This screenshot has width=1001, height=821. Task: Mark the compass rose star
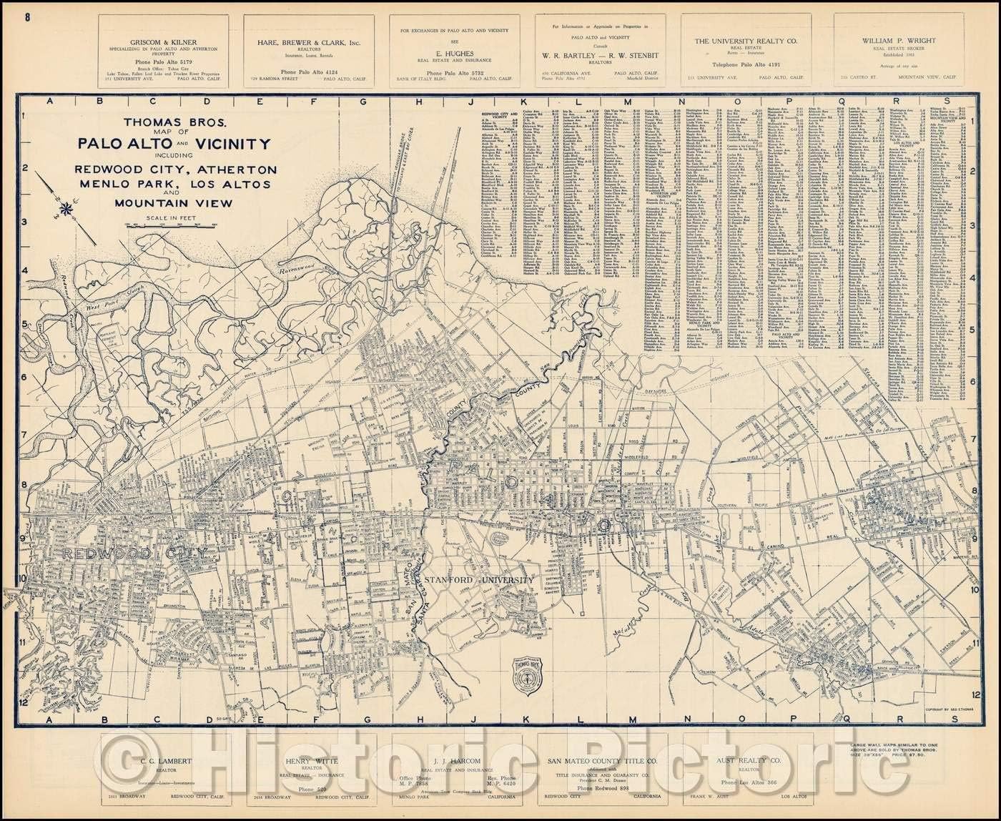click(x=66, y=209)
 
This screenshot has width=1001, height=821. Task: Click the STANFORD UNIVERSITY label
click(x=478, y=579)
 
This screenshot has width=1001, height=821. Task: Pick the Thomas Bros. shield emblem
click(x=527, y=674)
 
